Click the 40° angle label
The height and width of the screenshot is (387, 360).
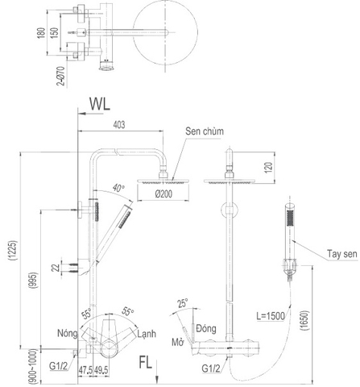coord(119,189)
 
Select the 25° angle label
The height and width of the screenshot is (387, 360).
coord(182,303)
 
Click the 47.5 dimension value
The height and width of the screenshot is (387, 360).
coord(85,370)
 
